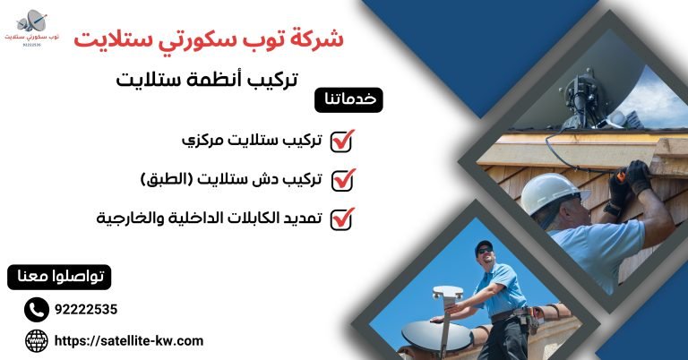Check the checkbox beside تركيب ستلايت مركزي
[342, 141]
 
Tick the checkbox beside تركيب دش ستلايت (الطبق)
[342, 179]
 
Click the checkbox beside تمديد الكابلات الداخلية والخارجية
[342, 219]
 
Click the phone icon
[36, 310]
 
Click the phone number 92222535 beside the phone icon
[86, 310]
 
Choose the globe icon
[36, 340]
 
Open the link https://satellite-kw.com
[130, 340]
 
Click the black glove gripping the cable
[638, 176]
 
